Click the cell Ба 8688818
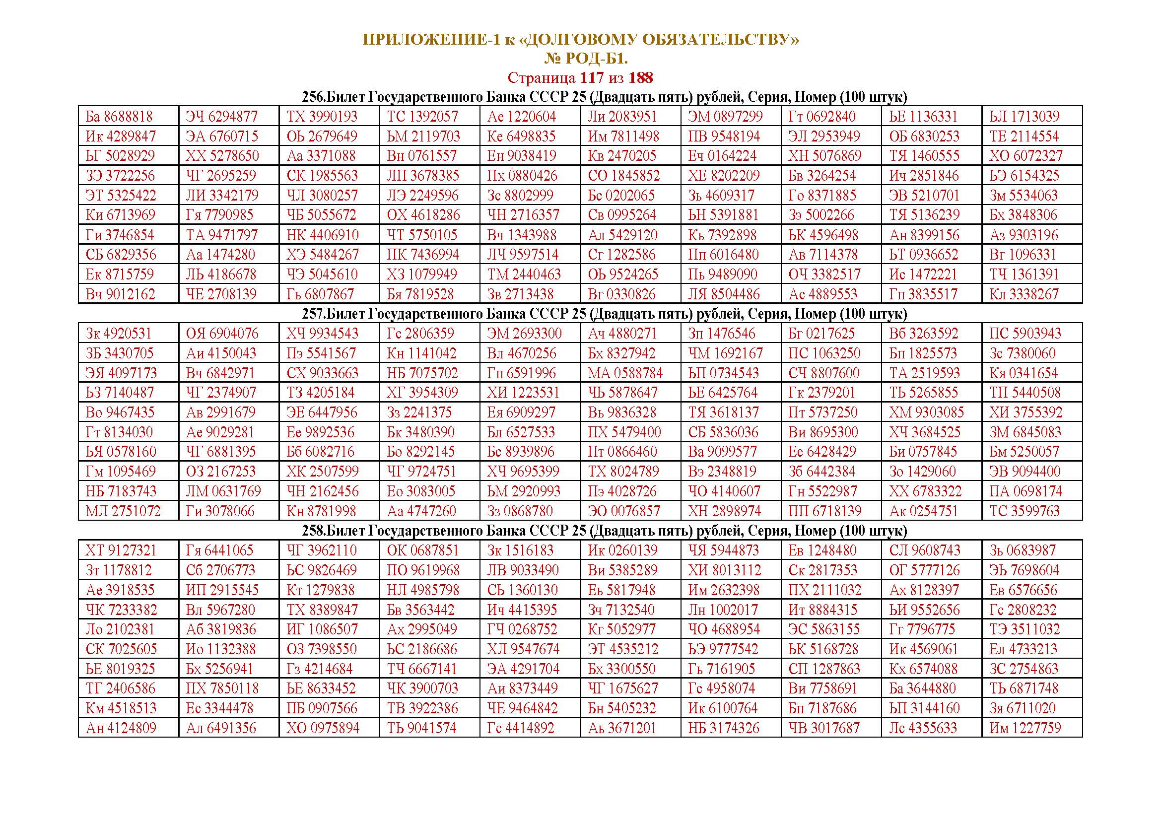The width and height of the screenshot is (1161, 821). click(x=119, y=117)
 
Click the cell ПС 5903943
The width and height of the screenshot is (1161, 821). click(x=1025, y=334)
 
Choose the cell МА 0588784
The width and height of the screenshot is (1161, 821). click(x=625, y=373)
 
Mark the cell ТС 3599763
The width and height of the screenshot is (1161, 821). click(x=1024, y=511)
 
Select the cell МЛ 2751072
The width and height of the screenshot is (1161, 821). click(x=123, y=511)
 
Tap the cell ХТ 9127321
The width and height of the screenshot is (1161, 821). click(x=121, y=550)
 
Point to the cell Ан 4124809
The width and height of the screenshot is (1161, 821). click(x=121, y=728)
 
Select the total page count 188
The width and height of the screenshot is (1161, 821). click(x=641, y=78)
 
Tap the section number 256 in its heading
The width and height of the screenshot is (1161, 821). click(x=312, y=97)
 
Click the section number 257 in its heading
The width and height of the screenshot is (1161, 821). click(x=312, y=314)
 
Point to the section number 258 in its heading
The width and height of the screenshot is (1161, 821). click(x=312, y=531)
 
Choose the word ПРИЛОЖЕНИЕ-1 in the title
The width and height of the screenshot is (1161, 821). click(x=430, y=39)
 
